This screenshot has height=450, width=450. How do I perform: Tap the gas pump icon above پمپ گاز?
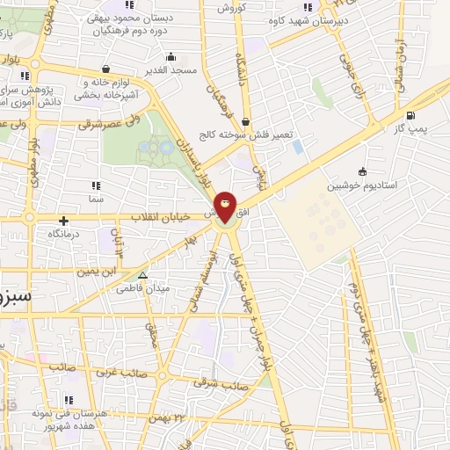(x=410, y=115)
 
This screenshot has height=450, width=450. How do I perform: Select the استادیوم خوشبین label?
(x=362, y=186)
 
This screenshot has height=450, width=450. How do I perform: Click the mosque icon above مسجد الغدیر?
(x=172, y=56)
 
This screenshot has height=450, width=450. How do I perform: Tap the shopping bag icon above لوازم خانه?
(x=106, y=69)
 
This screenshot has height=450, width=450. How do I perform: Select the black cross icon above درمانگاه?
(x=62, y=221)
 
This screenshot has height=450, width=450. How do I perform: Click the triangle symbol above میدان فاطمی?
(x=143, y=274)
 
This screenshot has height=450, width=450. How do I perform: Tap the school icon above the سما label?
(x=95, y=186)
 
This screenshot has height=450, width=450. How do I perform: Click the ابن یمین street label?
(x=95, y=272)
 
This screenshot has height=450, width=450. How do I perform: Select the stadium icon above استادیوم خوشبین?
(x=362, y=172)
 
